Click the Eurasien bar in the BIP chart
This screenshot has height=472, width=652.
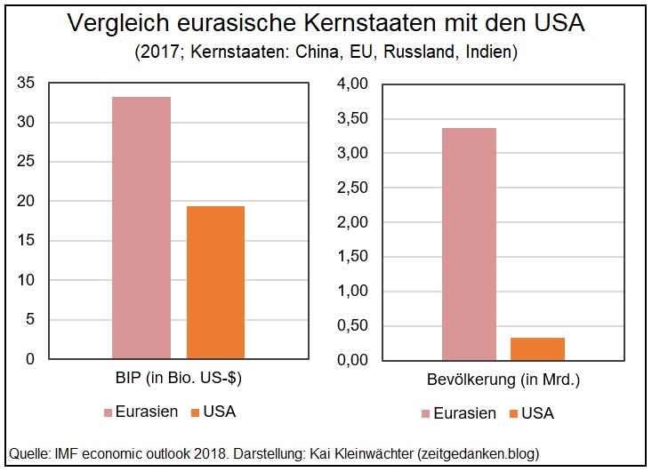(x=141, y=228)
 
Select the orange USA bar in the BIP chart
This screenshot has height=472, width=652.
(x=215, y=283)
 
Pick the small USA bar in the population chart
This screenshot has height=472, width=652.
(x=537, y=348)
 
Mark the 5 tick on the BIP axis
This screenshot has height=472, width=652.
(x=29, y=320)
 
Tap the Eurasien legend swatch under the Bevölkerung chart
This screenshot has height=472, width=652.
(x=426, y=413)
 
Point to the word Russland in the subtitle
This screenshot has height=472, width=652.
(x=413, y=52)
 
